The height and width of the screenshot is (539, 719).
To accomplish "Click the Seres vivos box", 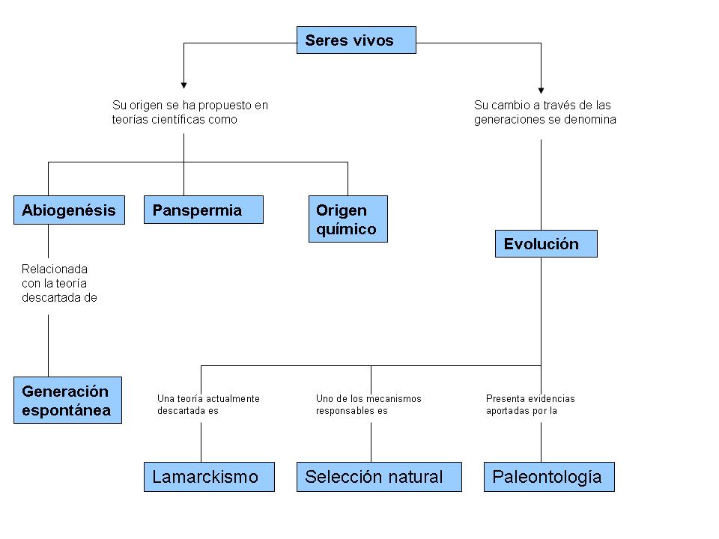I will tap(357, 40).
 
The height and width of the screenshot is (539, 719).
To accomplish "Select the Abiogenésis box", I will tap(69, 210).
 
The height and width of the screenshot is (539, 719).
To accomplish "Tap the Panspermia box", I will tap(204, 210).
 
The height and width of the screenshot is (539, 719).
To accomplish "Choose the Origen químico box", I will tap(348, 219).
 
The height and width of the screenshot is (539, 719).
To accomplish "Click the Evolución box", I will tap(546, 244).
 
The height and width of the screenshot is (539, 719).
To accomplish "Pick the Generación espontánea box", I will tap(67, 401).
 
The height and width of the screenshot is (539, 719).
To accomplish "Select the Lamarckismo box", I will tap(209, 477).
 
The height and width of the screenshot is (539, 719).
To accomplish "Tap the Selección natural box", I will tap(379, 477).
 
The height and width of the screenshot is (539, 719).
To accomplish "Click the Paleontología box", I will tap(549, 477).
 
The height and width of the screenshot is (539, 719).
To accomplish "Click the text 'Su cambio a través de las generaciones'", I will tap(544, 112).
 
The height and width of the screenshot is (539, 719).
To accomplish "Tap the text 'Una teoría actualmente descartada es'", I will tap(208, 404).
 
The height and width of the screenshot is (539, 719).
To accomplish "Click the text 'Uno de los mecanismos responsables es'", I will tap(368, 404).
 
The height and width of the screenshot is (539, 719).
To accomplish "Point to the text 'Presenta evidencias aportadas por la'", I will tap(530, 404).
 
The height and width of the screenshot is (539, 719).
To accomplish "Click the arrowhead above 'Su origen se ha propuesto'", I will tap(184, 85).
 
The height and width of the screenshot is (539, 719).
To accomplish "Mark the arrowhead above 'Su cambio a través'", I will tap(541, 85).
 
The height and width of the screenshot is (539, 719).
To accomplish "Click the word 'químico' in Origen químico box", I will tap(346, 229).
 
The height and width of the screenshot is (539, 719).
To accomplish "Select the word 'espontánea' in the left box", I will tap(67, 410).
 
